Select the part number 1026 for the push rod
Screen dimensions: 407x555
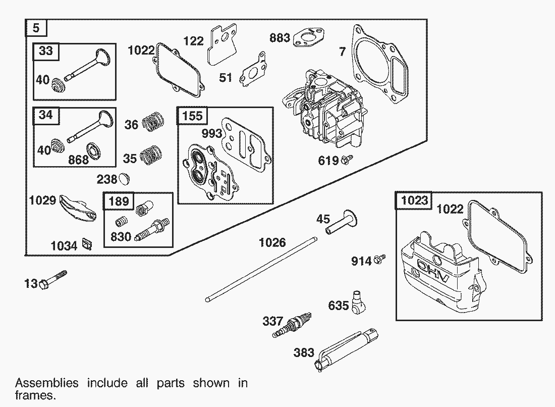click(272, 243)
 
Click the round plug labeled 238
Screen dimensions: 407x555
click(125, 178)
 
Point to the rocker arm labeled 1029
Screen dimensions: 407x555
click(78, 208)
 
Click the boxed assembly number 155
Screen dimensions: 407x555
click(192, 116)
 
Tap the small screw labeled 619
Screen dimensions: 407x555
click(347, 160)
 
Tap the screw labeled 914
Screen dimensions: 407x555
click(381, 260)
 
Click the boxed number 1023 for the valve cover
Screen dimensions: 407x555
click(415, 200)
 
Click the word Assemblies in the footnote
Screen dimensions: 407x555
click(47, 383)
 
